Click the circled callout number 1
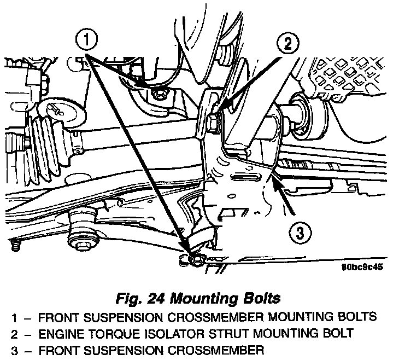tap(87, 40)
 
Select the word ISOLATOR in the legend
tap(168, 333)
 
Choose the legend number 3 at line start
tap(11, 350)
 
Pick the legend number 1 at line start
tap(11, 317)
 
